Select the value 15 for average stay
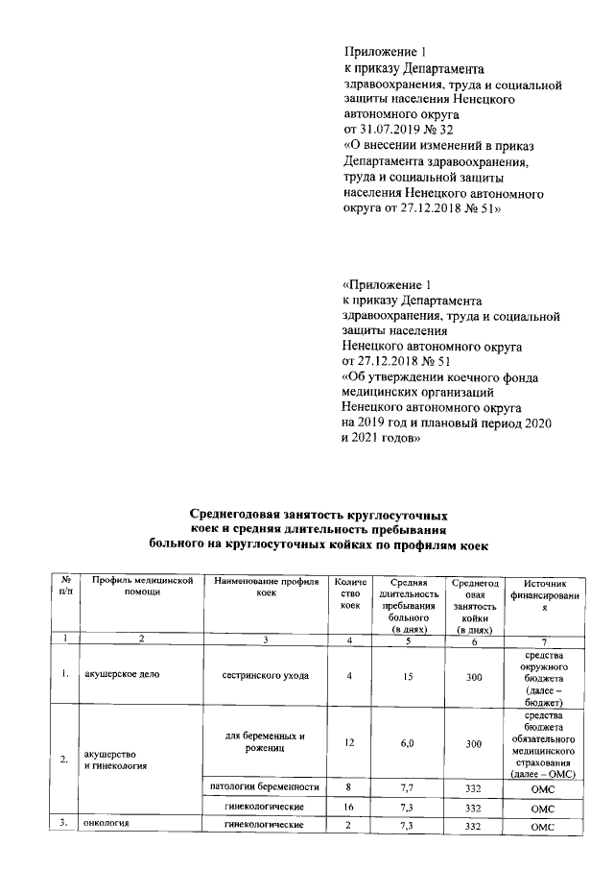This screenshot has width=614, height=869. pyautogui.click(x=408, y=675)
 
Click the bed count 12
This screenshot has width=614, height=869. pyautogui.click(x=350, y=743)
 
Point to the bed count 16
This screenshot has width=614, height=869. pyautogui.click(x=350, y=809)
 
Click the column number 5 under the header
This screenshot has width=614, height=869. pyautogui.click(x=408, y=640)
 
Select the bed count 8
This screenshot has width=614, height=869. pyautogui.click(x=350, y=788)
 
